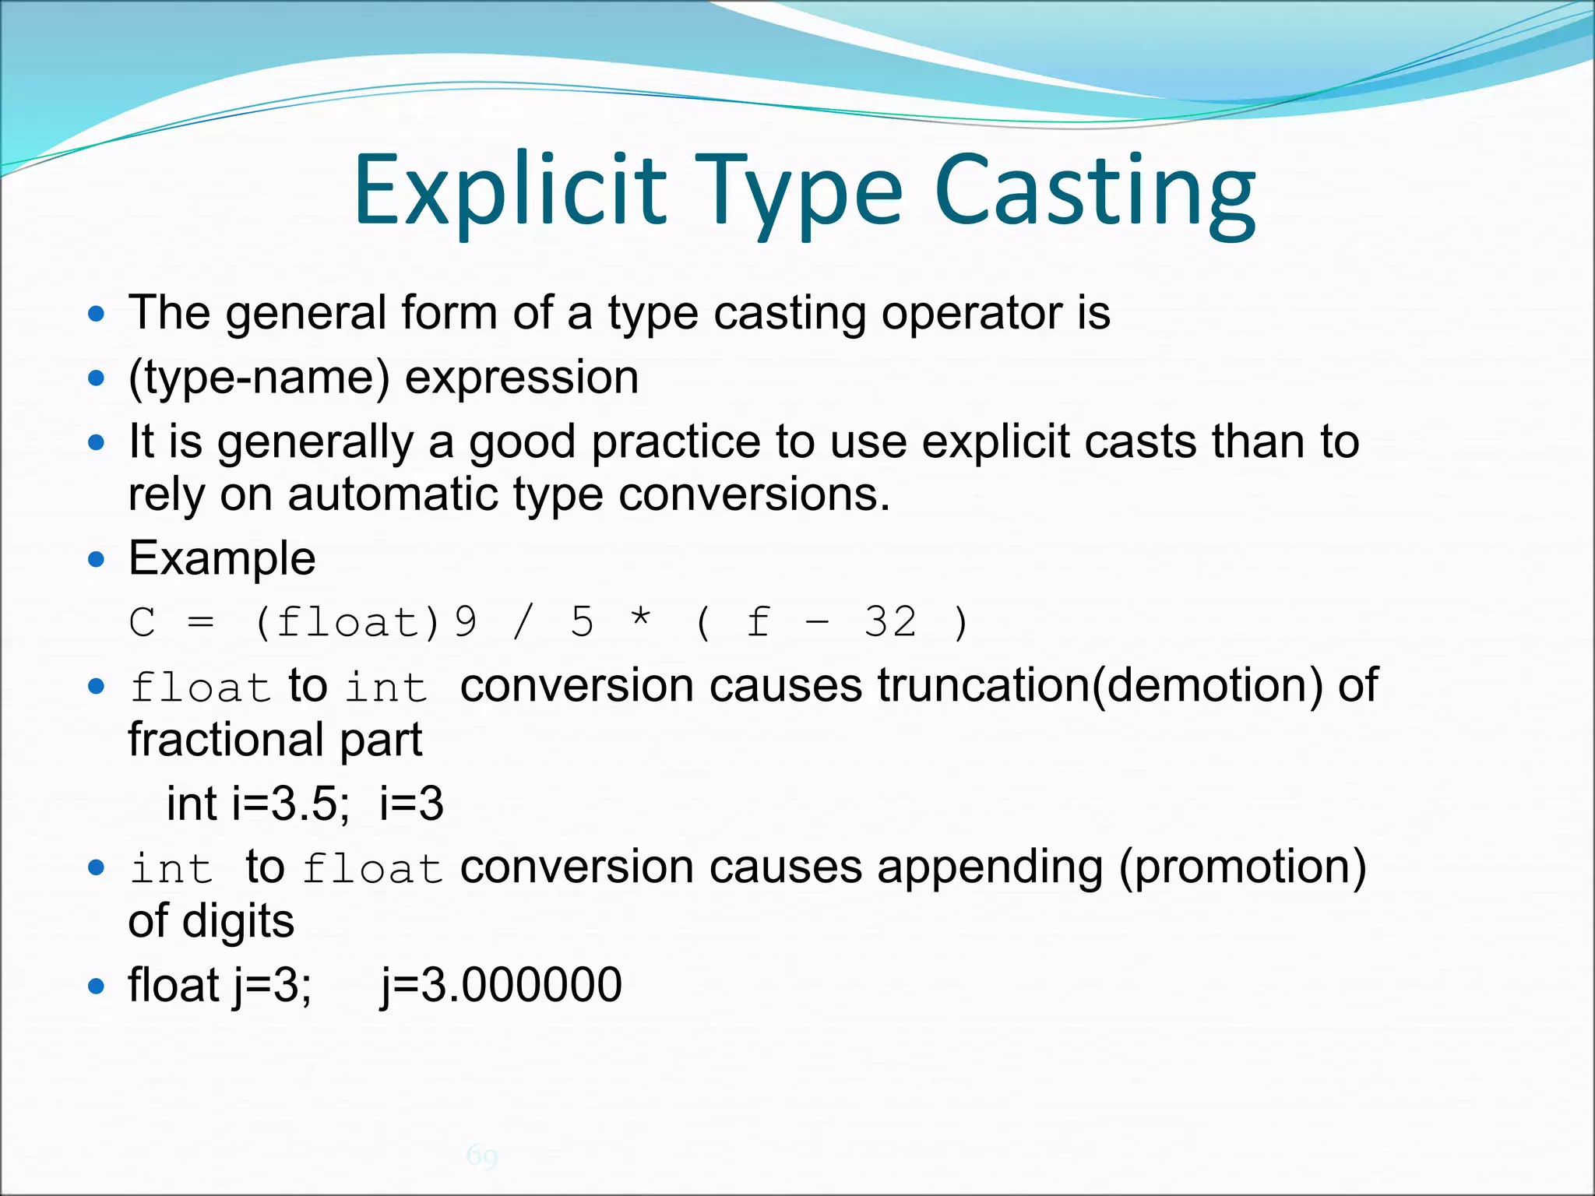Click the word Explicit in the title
point(510,191)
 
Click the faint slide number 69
point(482,1156)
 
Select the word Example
point(222,558)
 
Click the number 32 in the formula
point(890,622)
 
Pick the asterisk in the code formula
point(640,621)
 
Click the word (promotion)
point(1242,867)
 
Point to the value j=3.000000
point(502,985)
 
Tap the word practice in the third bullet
point(675,441)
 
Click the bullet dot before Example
point(96,560)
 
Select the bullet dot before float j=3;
point(96,987)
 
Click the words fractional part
point(275,739)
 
